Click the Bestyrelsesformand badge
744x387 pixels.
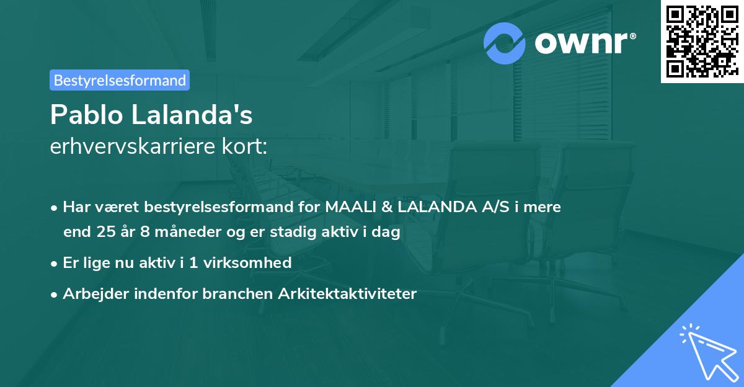click(x=120, y=80)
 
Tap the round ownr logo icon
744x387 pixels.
click(x=505, y=43)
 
